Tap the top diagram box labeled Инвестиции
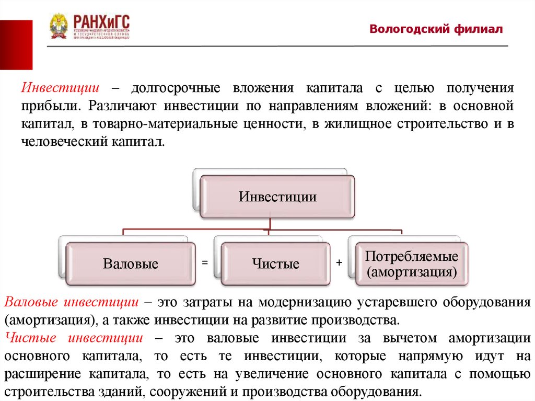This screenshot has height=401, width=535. pyautogui.click(x=277, y=197)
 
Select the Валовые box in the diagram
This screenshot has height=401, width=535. pyautogui.click(x=130, y=264)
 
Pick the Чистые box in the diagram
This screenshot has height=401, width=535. pyautogui.click(x=276, y=264)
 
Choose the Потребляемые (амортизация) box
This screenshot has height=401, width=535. pyautogui.click(x=412, y=264)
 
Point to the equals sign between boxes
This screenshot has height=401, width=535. pyautogui.click(x=205, y=263)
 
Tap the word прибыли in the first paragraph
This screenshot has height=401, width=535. pyautogui.click(x=50, y=106)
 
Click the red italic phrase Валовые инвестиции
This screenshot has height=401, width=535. pyautogui.click(x=71, y=302)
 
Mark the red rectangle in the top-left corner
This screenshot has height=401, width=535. pyautogui.click(x=16, y=44)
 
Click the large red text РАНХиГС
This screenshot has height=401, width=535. pyautogui.click(x=101, y=22)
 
